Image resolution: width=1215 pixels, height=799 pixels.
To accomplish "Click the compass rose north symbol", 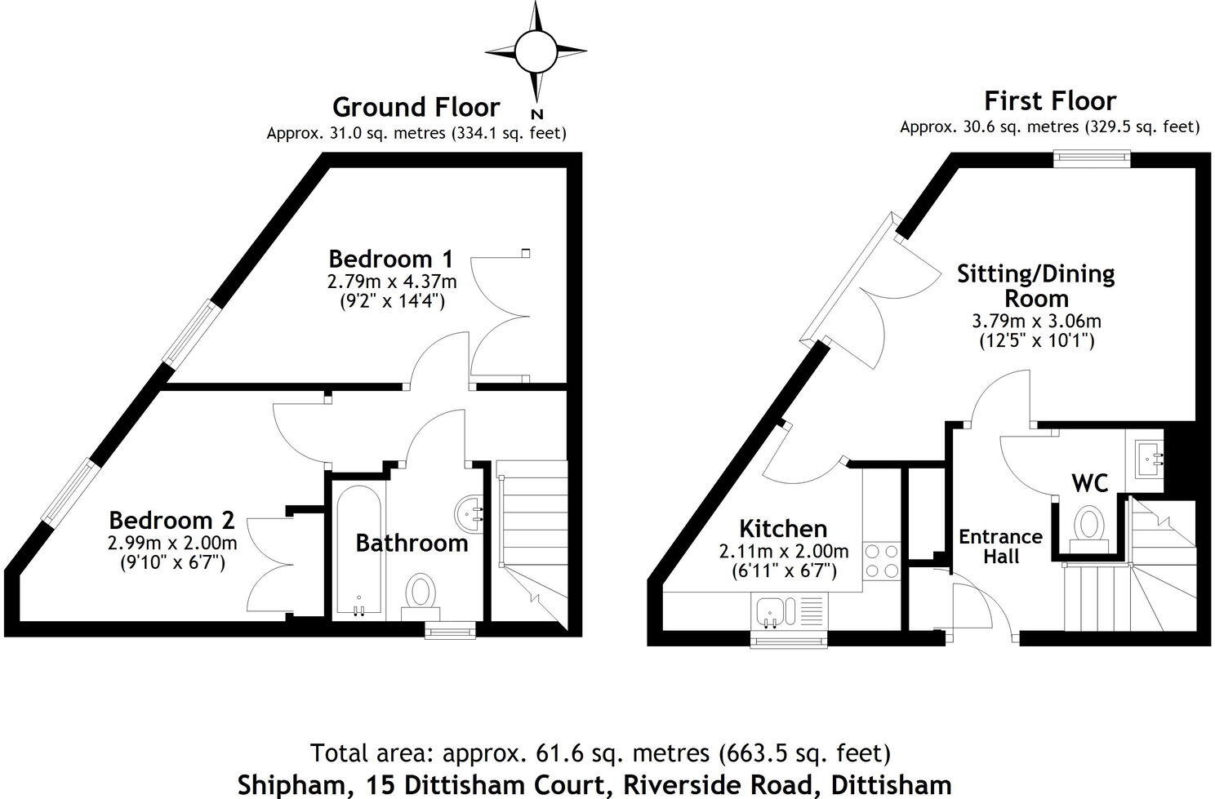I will tap(536, 51).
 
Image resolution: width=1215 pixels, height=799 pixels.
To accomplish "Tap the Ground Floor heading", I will tap(416, 107).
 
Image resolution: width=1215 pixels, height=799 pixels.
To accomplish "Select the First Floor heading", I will tap(1049, 101).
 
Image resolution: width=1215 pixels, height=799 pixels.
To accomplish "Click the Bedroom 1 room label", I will tap(390, 259).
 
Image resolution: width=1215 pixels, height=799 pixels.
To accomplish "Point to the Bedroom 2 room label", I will tap(171, 520).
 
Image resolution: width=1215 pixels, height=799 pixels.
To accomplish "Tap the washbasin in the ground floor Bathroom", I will tap(470, 513).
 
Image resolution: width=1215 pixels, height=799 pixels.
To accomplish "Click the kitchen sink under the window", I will tap(770, 610).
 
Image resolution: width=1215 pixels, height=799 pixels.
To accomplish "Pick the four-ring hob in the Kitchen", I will tap(881, 561).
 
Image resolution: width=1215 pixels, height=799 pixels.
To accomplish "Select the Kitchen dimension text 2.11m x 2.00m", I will tap(783, 552).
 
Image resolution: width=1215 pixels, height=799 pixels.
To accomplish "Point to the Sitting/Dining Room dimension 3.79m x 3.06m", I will tap(1036, 321).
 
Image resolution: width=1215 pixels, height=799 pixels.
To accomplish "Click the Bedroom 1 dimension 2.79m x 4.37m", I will tap(391, 282).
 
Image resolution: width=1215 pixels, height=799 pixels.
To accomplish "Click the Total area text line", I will tap(600, 752).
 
